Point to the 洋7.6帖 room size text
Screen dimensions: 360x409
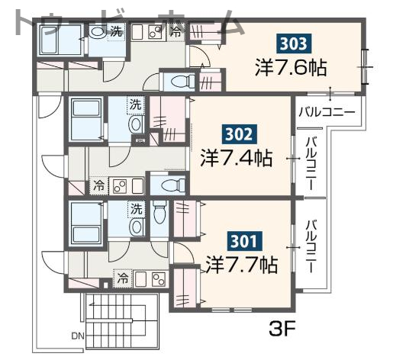pos(291,67)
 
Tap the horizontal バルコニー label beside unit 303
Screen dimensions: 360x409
pos(327,112)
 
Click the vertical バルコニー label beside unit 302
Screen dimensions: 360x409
pos(311,164)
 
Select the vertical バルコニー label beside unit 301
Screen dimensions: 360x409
pos(311,246)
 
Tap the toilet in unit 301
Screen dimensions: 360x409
pos(159,214)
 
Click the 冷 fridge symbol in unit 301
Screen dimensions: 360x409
pos(122,280)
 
